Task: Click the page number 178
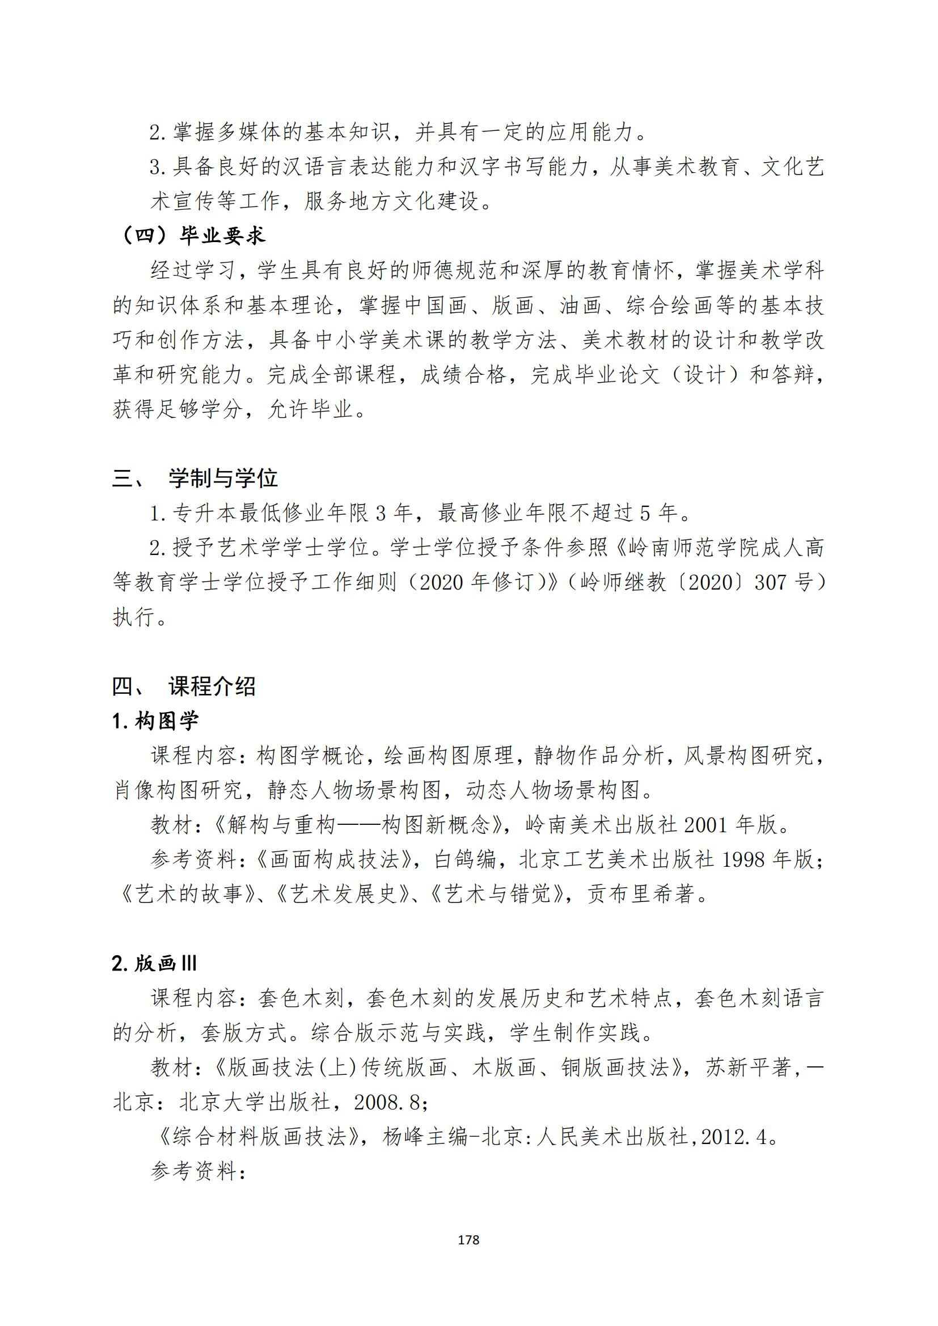468,1240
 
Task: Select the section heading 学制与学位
223,478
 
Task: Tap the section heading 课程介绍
212,686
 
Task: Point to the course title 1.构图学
155,721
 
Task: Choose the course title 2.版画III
155,963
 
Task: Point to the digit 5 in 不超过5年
645,513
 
